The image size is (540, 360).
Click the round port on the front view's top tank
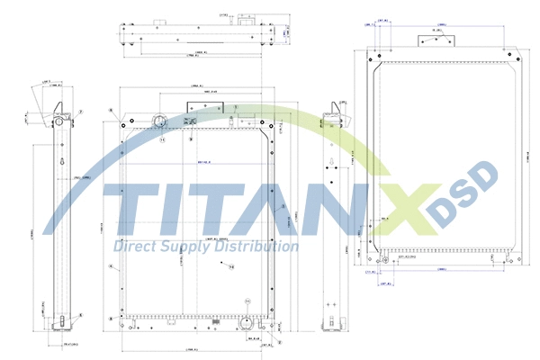(x=158, y=122)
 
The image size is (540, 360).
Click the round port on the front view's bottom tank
(x=246, y=321)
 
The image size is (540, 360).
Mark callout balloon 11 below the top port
(x=163, y=139)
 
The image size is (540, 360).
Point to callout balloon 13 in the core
(x=230, y=266)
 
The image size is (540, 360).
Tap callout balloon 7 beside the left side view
(x=80, y=112)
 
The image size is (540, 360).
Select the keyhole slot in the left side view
(x=60, y=162)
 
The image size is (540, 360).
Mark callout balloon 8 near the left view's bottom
(x=80, y=315)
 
